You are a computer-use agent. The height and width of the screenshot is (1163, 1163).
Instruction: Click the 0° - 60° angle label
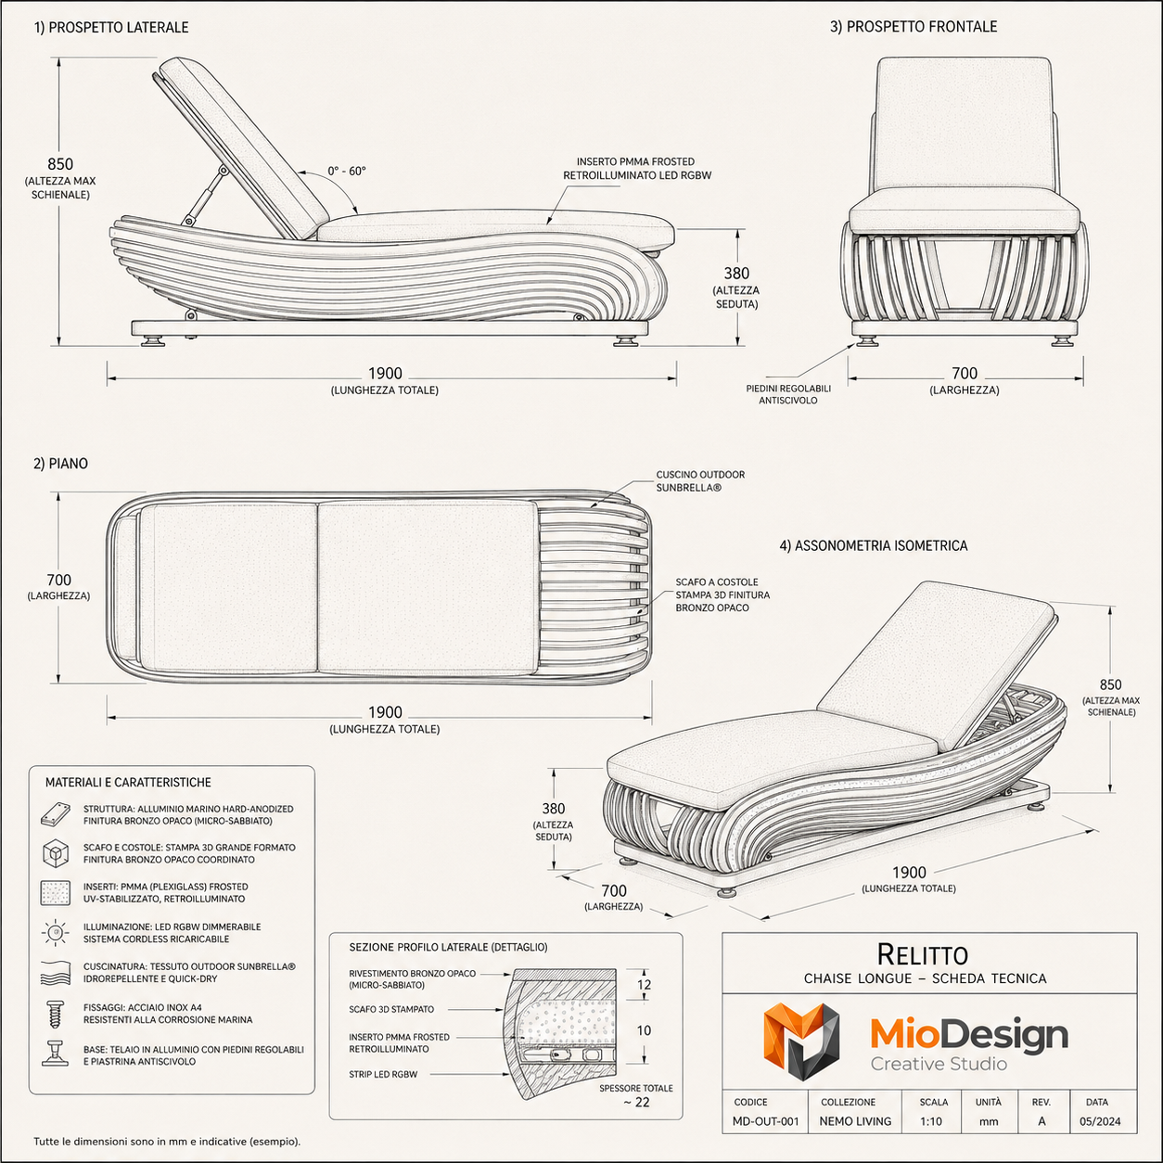347,172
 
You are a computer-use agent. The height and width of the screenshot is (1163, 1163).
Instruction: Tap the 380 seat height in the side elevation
736,274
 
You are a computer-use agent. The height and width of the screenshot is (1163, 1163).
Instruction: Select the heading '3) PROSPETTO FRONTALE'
914,27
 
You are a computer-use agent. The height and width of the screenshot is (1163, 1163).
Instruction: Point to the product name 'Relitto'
922,954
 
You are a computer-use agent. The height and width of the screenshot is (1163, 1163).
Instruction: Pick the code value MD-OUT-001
765,1121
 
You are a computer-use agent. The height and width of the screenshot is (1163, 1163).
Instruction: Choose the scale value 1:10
930,1121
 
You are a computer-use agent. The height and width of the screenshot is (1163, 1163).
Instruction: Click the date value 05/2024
1100,1121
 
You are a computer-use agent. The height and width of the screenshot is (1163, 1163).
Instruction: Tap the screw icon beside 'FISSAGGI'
55,1014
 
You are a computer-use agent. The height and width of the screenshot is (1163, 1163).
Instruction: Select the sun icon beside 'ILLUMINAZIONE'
55,933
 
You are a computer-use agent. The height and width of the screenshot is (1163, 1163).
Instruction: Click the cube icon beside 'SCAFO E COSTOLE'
55,853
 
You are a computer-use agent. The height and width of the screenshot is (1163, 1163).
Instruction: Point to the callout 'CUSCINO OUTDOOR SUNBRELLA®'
700,481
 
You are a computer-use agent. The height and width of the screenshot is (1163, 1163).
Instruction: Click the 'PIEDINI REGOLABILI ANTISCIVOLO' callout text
788,394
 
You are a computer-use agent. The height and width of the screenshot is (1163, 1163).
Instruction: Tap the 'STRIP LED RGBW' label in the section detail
383,1074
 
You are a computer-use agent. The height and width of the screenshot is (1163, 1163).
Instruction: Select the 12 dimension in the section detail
644,984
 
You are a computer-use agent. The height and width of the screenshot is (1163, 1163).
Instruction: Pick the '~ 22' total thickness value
636,1102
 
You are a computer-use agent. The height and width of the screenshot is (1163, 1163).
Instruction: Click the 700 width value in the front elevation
964,374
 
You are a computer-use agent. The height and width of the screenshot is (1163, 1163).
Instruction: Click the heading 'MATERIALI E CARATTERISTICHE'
128,782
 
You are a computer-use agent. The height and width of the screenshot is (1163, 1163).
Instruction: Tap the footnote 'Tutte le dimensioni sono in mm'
112,1142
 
